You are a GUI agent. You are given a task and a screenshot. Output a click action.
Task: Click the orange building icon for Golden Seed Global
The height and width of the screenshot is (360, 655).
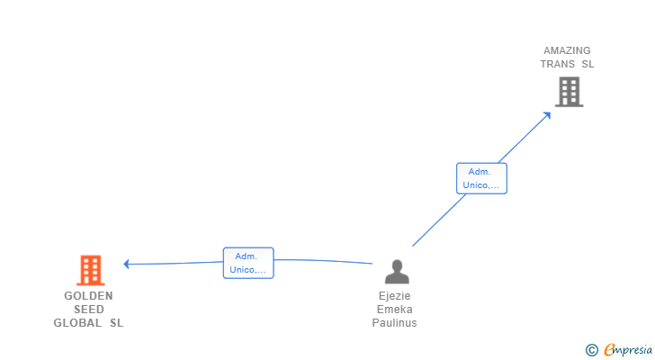tap(90, 270)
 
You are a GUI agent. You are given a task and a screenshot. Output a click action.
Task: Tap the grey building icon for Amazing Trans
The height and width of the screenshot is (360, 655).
tap(569, 92)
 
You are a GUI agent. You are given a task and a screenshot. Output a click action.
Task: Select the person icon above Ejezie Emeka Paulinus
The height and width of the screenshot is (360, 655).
tap(396, 272)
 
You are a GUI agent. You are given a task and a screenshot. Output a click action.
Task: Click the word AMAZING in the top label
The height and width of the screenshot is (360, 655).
tap(567, 51)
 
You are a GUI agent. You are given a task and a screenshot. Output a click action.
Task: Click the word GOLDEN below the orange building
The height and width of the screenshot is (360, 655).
tap(88, 296)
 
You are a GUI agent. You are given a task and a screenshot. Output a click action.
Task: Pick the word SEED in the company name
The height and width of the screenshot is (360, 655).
tap(88, 310)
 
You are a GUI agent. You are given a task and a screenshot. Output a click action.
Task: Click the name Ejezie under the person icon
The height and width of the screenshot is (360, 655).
tap(395, 296)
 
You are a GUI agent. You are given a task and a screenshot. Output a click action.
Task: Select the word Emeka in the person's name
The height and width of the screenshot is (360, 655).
tap(395, 310)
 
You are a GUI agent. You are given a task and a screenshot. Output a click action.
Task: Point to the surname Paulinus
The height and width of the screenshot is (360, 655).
tap(395, 323)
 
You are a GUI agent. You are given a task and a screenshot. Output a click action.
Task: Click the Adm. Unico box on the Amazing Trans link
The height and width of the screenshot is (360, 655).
tap(481, 178)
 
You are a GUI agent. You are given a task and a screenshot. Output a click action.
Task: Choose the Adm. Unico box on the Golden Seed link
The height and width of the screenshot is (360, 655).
tap(248, 263)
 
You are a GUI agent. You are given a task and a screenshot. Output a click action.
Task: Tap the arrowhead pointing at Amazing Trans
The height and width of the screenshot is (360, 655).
tap(548, 114)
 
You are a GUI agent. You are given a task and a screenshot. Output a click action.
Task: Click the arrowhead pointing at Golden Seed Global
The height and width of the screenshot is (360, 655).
tap(127, 264)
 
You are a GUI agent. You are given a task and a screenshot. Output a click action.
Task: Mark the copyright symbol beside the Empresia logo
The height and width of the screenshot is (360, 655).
tap(591, 350)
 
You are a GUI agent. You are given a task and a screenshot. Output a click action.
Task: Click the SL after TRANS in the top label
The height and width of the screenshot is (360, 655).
tap(588, 64)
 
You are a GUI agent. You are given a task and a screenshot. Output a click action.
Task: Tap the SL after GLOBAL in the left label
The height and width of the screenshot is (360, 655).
tap(116, 323)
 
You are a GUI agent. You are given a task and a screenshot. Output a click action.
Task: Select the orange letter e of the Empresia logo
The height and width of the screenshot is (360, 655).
tap(609, 350)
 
